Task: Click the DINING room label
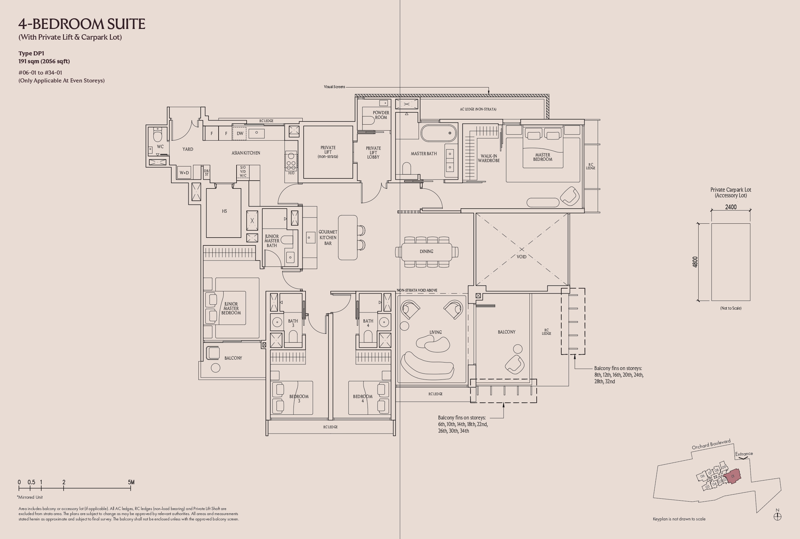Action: pyautogui.click(x=426, y=252)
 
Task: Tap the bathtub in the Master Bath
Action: pyautogui.click(x=439, y=133)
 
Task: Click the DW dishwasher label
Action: pyautogui.click(x=240, y=133)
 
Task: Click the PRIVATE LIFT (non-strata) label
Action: pyautogui.click(x=328, y=152)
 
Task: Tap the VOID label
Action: pyautogui.click(x=521, y=257)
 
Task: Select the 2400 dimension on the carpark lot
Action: pyautogui.click(x=731, y=207)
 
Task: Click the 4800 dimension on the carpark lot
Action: pyautogui.click(x=695, y=262)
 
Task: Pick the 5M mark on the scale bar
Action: pyautogui.click(x=131, y=482)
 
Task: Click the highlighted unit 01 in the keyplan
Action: pyautogui.click(x=733, y=476)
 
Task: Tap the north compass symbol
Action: pyautogui.click(x=777, y=516)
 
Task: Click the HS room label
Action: pyautogui.click(x=224, y=211)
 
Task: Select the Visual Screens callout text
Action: pyautogui.click(x=334, y=87)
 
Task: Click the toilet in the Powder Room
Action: pyautogui.click(x=368, y=120)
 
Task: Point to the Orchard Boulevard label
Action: pyautogui.click(x=711, y=444)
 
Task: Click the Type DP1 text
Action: pyautogui.click(x=31, y=53)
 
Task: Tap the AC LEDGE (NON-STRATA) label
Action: pyautogui.click(x=478, y=109)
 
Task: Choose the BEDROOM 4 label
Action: pyautogui.click(x=363, y=398)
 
